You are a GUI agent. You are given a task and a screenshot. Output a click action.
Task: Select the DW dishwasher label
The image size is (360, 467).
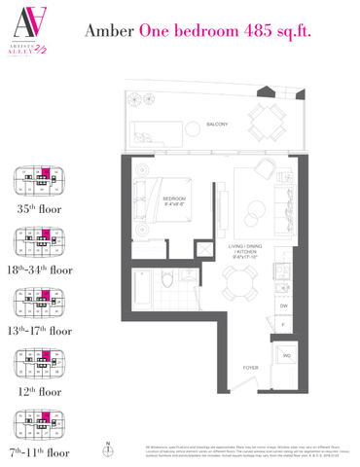tap(282, 306)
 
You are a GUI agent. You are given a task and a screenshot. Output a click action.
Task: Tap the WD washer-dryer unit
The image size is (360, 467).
tap(286, 355)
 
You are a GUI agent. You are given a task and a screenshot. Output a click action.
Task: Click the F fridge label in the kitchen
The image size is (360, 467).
tap(282, 324)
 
